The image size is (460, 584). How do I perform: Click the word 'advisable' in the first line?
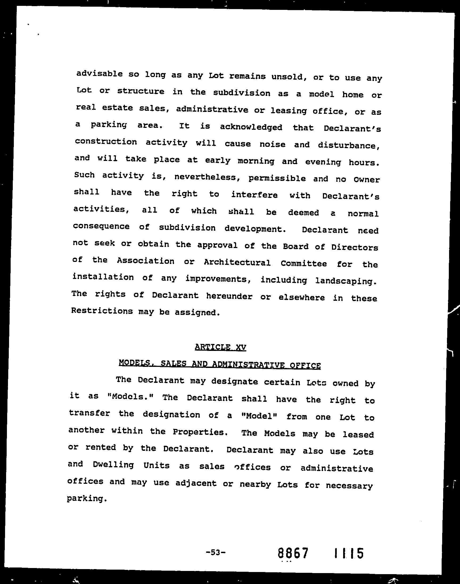tap(99, 74)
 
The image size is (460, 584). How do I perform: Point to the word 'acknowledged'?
tap(251, 127)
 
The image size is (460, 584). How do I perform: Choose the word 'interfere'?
tap(254, 195)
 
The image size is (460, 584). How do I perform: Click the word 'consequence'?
tap(101, 226)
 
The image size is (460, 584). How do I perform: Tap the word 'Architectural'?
tap(237, 262)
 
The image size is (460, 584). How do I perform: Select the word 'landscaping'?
tap(345, 281)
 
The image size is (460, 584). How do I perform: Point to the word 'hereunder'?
tap(229, 297)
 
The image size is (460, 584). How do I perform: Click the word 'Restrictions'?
tap(102, 311)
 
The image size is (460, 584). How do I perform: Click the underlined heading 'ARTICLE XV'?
tap(220, 347)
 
